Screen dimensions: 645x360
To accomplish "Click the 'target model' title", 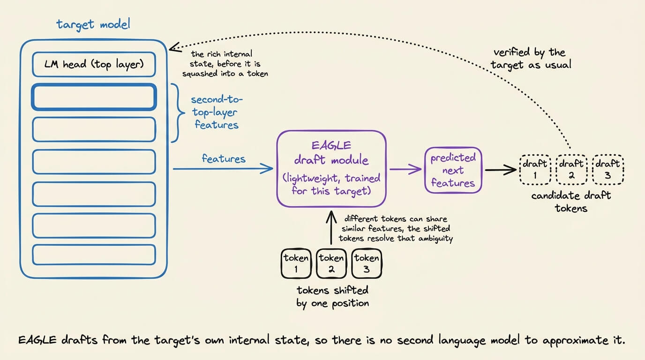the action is [x=93, y=24].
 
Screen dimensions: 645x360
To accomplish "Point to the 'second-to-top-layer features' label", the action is [x=217, y=112].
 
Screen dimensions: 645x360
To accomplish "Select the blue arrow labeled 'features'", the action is [x=223, y=169].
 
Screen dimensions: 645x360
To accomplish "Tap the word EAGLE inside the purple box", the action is [x=331, y=145].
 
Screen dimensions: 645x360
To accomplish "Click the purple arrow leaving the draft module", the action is [x=405, y=169].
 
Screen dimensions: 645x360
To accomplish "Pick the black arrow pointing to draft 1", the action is [x=501, y=170].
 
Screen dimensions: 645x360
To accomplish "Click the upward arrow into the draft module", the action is [x=331, y=227].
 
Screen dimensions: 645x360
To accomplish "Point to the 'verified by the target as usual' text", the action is [x=531, y=59].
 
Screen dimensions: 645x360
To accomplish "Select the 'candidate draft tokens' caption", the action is [x=571, y=202].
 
